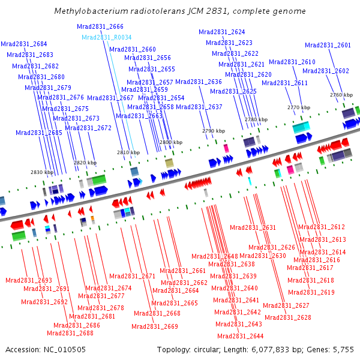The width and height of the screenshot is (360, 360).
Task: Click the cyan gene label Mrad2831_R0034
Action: tap(106, 37)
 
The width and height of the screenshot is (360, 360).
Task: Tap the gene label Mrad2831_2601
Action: tap(328, 45)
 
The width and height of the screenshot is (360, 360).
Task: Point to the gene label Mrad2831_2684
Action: tap(23, 44)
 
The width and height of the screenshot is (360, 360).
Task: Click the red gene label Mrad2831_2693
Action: tap(29, 280)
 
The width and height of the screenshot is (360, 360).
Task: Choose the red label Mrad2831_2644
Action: tap(240, 336)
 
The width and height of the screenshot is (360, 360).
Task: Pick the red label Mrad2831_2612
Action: tap(322, 227)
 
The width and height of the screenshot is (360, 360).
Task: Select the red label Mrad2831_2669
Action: tap(155, 326)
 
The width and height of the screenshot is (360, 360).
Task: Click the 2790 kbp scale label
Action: tap(214, 131)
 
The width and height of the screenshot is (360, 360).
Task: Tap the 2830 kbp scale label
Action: tap(42, 172)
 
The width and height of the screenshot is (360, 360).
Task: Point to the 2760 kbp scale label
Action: tap(341, 95)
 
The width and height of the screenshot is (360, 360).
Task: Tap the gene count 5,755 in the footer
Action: tap(343, 349)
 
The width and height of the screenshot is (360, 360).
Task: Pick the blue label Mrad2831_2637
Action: tap(199, 107)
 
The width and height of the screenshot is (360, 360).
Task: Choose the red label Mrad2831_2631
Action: tap(253, 227)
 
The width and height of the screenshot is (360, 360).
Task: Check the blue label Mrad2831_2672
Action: tap(88, 128)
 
